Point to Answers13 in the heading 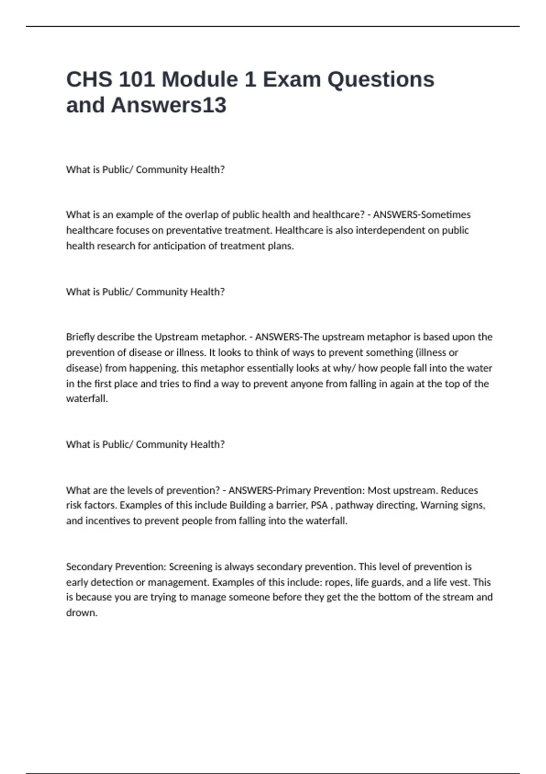[168, 105]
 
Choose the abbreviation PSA [319, 505]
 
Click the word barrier [292, 505]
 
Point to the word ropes [337, 582]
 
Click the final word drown [82, 613]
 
